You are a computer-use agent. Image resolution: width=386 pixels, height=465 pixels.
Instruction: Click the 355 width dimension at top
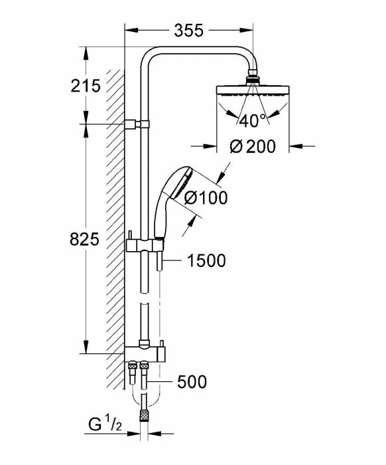[188, 31]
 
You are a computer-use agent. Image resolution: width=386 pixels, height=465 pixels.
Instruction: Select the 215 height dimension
[85, 85]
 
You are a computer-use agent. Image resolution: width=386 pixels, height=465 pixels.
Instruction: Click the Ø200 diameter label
[252, 147]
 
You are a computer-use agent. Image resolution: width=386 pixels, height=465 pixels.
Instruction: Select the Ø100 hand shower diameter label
[206, 197]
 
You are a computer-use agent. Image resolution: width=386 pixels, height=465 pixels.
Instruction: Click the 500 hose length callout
[192, 382]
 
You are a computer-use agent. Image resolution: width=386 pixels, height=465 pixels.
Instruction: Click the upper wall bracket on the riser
[137, 124]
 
